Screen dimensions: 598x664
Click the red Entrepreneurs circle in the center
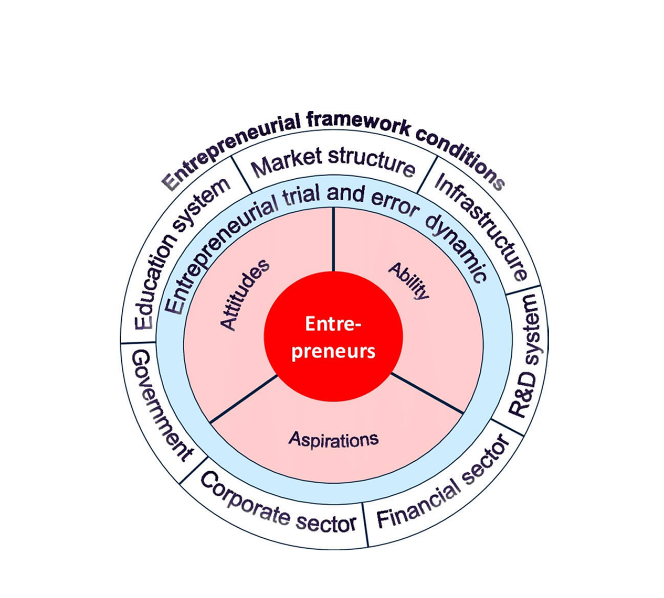(x=333, y=336)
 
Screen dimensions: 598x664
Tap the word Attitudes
(x=245, y=295)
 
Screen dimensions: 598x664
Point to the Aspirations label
(x=333, y=439)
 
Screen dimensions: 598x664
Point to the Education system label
(x=178, y=252)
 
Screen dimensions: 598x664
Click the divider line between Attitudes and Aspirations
(x=243, y=398)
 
